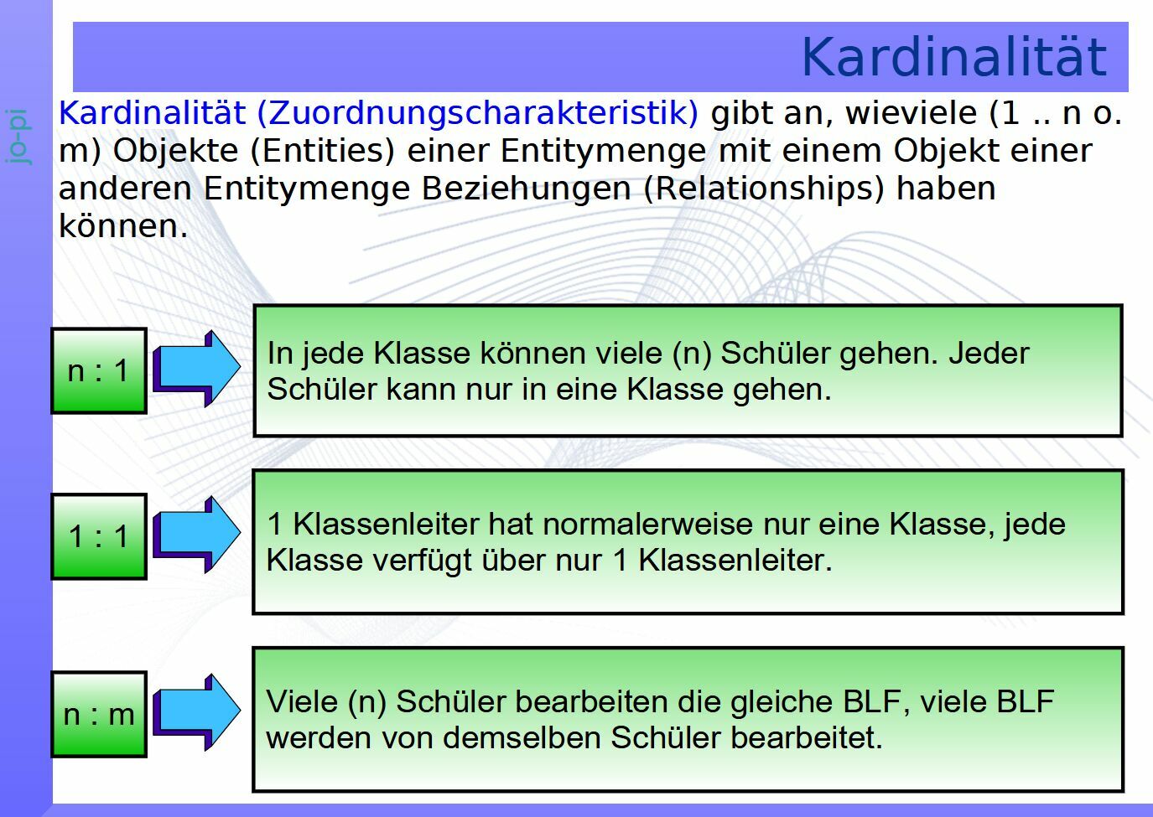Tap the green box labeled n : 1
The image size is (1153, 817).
99,370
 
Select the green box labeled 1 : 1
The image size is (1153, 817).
99,536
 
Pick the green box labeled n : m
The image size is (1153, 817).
99,714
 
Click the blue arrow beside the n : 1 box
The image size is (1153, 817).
196,368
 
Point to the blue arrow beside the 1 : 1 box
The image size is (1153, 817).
196,534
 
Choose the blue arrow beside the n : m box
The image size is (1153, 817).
196,711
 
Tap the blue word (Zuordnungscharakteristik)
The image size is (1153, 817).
478,113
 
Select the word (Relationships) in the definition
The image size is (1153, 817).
764,189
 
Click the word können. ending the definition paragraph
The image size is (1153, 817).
123,225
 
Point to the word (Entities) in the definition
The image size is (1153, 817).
323,152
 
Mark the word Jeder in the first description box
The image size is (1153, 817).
989,354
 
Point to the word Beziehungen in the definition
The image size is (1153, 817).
526,189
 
